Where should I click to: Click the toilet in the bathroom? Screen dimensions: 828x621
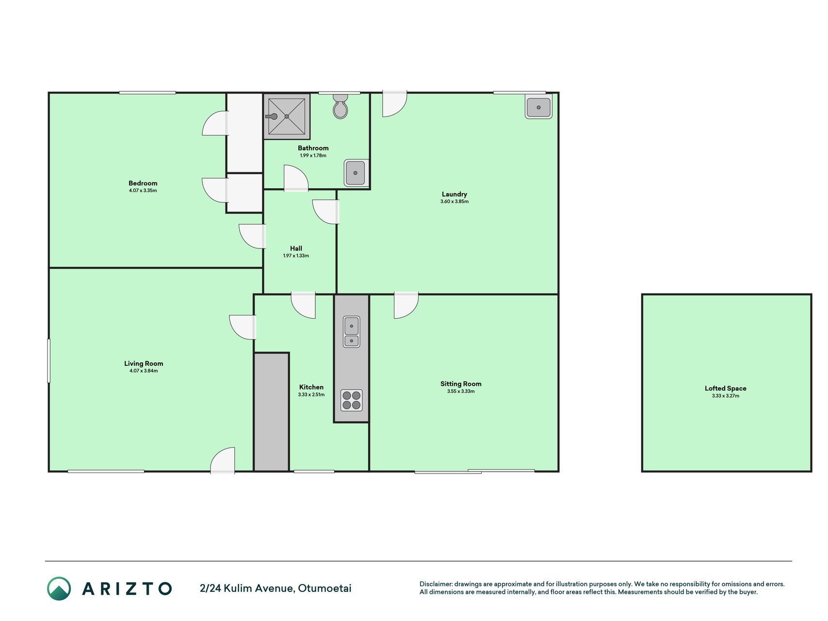[341, 106]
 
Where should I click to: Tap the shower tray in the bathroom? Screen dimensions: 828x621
[287, 116]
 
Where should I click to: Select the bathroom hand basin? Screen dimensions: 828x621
[356, 173]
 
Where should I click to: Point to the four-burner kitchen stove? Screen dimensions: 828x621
[351, 400]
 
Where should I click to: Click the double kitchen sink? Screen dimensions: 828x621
[351, 332]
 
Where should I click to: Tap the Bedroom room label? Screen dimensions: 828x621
[143, 183]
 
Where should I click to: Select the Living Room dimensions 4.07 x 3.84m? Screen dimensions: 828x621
[144, 371]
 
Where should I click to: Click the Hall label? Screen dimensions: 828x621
[296, 248]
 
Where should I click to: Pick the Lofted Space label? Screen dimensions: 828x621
[726, 388]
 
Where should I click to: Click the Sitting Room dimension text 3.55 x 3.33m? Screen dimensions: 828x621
[461, 392]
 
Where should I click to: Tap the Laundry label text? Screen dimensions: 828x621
[455, 194]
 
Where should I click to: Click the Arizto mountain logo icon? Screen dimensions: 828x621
[59, 588]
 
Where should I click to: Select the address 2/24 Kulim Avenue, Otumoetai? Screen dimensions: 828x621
[276, 588]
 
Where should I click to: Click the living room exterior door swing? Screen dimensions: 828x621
[223, 460]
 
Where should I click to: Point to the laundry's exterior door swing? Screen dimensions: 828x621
[394, 104]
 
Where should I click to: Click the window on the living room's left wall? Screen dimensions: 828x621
[49, 360]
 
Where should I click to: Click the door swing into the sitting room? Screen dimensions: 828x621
[406, 306]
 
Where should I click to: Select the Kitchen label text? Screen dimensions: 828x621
[311, 387]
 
